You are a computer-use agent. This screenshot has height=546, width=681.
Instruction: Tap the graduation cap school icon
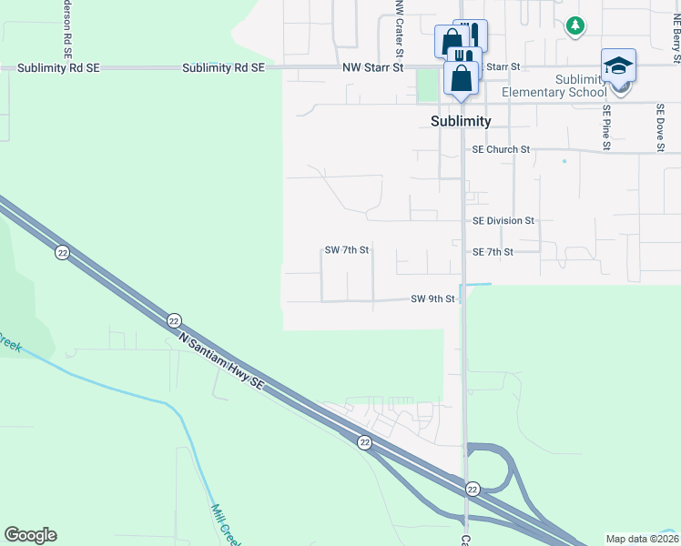tap(618, 66)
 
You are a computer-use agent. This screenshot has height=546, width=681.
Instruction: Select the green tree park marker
tap(574, 25)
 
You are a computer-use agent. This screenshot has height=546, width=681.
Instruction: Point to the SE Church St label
tap(500, 149)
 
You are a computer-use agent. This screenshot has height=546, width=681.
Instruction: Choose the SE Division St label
tap(503, 220)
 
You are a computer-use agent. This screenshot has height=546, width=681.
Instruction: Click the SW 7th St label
tap(347, 250)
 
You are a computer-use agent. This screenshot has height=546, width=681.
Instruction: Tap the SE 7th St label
tap(493, 251)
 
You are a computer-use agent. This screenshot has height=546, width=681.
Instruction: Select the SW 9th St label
tap(432, 298)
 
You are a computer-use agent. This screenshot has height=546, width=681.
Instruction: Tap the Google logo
tap(30, 535)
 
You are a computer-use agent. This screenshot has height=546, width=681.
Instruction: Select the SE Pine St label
tap(605, 126)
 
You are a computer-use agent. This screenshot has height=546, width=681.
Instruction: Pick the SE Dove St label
tap(660, 126)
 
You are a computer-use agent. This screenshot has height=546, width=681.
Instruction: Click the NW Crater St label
tap(399, 18)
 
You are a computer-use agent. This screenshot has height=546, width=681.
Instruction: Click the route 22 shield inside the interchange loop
tap(473, 490)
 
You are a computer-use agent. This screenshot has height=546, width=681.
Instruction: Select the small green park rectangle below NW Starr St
tap(427, 85)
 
